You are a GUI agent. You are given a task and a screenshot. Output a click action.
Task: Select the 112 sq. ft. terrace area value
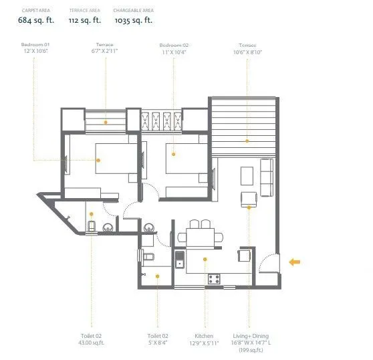coord(86,21)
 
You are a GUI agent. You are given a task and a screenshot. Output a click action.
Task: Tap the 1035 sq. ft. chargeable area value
coord(133,21)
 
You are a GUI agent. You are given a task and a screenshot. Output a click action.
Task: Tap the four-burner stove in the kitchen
coord(215,279)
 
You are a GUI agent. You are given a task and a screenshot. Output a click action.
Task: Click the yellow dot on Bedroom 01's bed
coord(98,160)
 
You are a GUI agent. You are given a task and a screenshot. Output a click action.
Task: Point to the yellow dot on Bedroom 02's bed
coord(174,155)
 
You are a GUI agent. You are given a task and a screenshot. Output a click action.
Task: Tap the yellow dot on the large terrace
coord(247,141)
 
